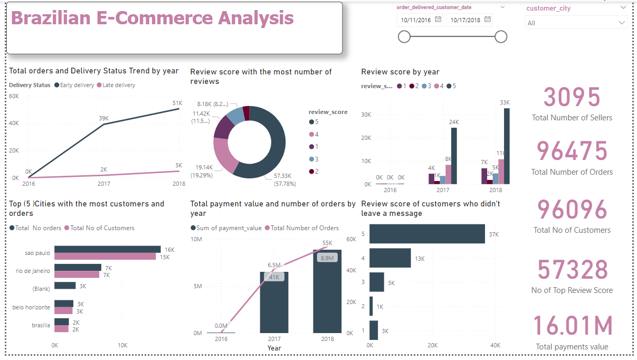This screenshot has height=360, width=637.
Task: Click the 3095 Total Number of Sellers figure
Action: click(x=572, y=98)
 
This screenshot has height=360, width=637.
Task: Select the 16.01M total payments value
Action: click(x=572, y=326)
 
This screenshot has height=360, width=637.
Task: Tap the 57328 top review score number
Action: click(x=572, y=269)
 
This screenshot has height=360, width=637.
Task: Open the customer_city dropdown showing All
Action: click(x=576, y=23)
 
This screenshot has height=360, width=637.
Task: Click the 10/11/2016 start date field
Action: click(x=416, y=20)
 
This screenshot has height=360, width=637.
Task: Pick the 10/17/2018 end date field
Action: click(x=466, y=20)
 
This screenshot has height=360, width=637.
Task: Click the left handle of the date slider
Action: click(x=404, y=36)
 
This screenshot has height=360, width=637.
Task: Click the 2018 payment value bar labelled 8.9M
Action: click(x=327, y=296)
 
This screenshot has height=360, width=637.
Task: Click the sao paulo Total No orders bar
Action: click(x=108, y=249)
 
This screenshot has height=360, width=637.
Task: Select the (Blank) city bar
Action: click(x=65, y=286)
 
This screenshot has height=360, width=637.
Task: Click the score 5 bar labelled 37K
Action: click(x=427, y=234)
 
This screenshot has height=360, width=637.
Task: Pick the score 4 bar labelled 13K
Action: click(x=390, y=258)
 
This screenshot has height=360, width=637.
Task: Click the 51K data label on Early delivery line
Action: click(x=177, y=103)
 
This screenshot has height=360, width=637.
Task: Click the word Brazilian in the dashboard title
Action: click(x=50, y=18)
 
